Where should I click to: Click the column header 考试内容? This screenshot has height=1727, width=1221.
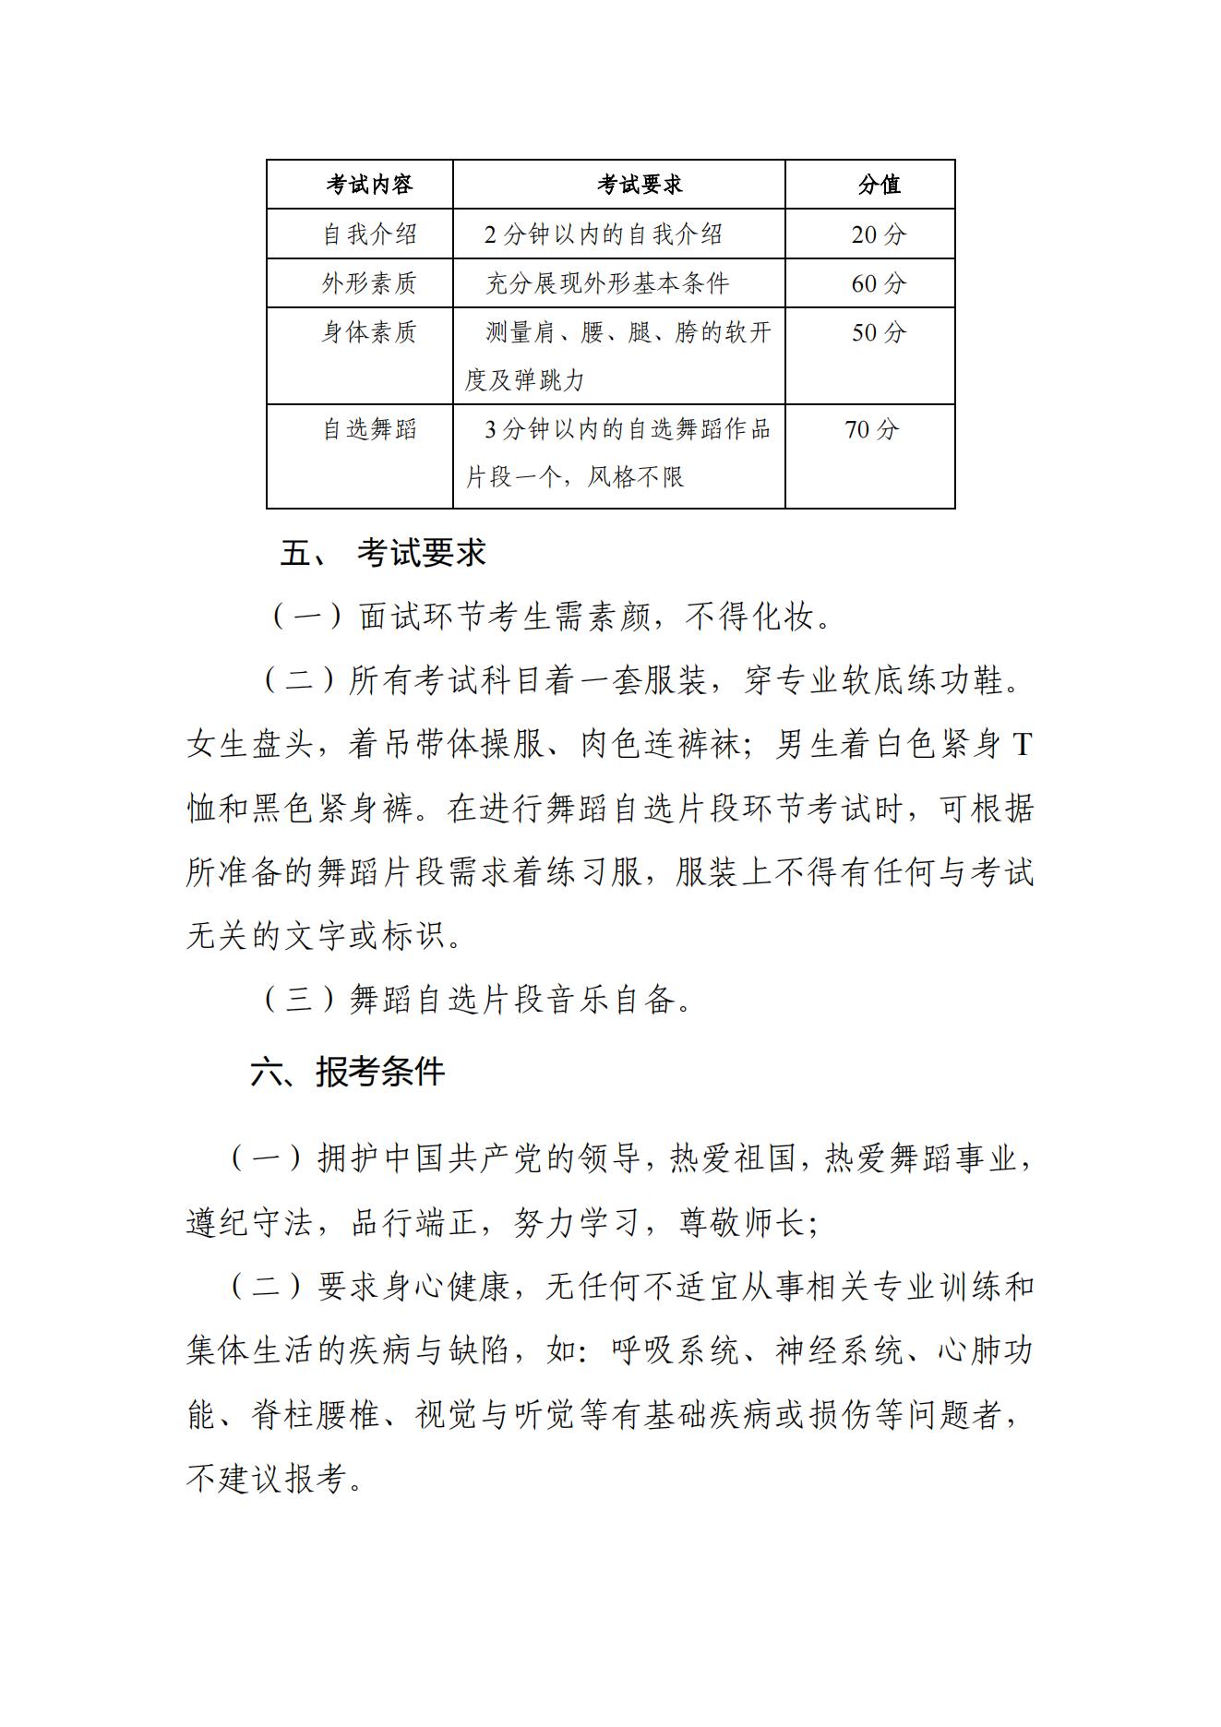pos(369,185)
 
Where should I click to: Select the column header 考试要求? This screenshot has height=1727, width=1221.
pos(640,185)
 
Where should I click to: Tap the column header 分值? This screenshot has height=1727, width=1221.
pos(879,185)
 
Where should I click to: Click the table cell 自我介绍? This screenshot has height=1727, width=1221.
pos(369,234)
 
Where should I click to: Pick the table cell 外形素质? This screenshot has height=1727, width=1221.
pos(369,283)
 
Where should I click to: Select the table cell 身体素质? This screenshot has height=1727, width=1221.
pos(369,332)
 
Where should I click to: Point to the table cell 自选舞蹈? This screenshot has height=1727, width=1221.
pos(369,429)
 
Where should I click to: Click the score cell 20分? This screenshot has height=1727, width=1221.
pos(879,234)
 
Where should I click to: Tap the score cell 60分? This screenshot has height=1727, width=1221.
pos(879,283)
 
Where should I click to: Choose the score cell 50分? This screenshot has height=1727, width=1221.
pos(879,332)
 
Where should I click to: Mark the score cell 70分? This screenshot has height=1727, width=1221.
pos(871,429)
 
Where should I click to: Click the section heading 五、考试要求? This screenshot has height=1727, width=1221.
pos(383,553)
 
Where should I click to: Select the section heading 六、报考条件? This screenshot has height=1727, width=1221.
pos(348,1072)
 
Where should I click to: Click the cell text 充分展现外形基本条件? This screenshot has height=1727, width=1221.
pos(607,283)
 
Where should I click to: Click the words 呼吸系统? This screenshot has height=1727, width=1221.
pos(676,1351)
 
